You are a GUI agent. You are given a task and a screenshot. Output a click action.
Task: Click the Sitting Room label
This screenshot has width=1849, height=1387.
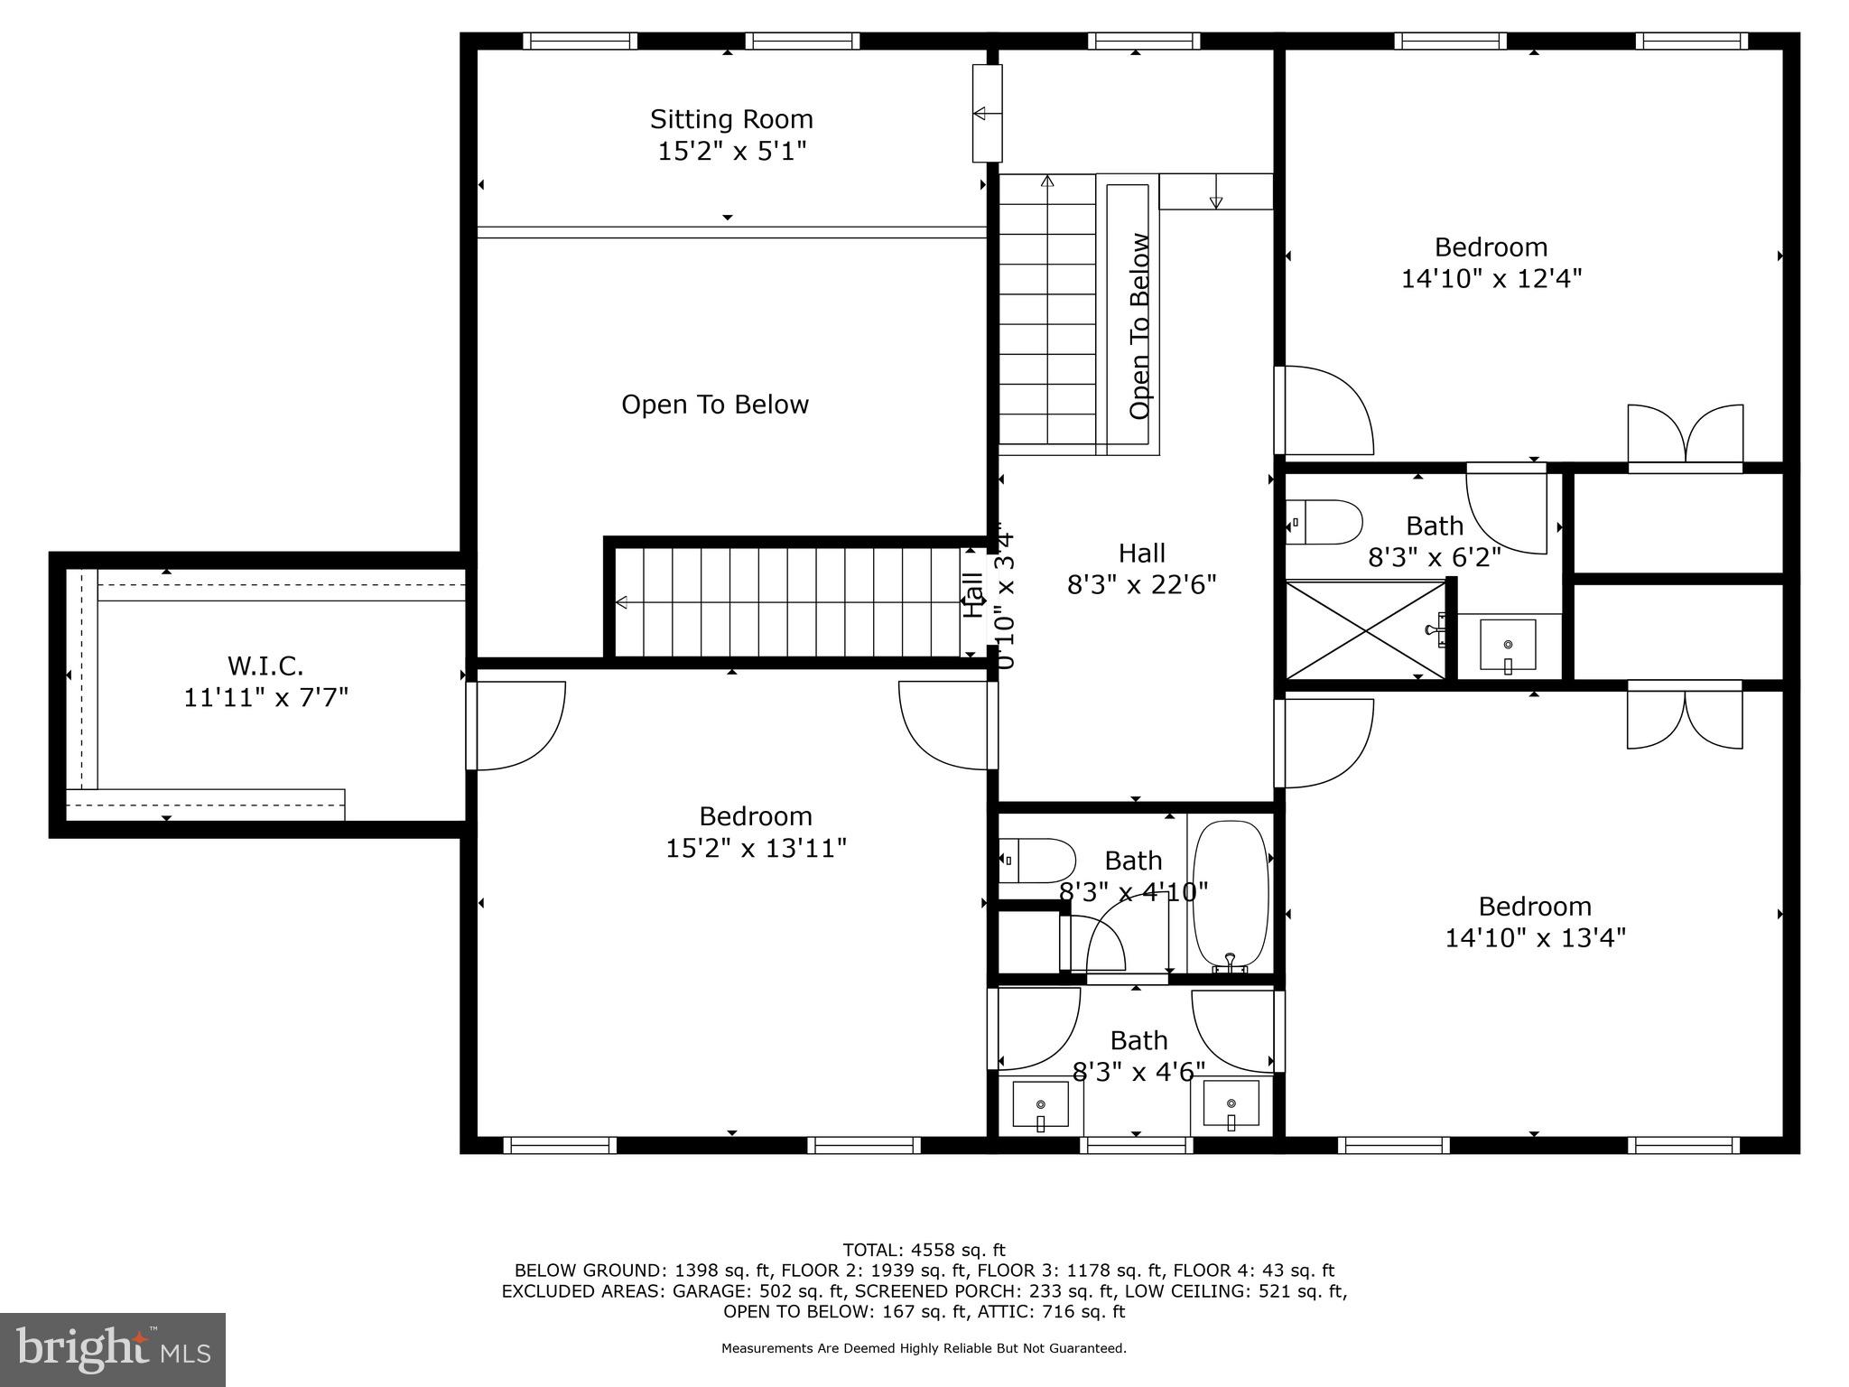pos(731,119)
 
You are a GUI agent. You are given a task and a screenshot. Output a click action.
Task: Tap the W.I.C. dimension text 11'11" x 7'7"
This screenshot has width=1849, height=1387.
pos(265,698)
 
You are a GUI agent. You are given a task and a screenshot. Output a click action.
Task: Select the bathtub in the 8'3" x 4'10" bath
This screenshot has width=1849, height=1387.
pos(1231,894)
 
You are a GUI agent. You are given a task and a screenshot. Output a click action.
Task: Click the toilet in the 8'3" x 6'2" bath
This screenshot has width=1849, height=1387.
pos(1325,522)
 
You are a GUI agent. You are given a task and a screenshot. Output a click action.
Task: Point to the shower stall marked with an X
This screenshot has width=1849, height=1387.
pos(1364,629)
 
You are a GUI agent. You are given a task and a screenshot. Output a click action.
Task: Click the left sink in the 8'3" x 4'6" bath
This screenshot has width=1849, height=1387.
pos(1040,1104)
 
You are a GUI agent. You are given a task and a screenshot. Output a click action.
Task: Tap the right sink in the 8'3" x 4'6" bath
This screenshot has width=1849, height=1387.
pos(1231,1104)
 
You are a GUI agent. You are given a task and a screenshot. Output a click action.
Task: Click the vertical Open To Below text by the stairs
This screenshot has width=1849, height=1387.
pos(1139,326)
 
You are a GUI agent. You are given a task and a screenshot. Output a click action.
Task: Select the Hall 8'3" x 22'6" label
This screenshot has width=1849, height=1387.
pos(1141,569)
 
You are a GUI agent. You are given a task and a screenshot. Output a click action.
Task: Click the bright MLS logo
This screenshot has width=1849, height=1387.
pos(113,1349)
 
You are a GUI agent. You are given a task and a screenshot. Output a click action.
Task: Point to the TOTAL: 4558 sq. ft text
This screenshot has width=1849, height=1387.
pos(924,1250)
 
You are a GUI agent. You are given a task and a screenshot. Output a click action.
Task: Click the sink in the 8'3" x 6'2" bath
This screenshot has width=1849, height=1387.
pos(1507,645)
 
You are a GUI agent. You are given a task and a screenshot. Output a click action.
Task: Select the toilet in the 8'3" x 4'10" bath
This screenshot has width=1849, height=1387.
pos(1038,861)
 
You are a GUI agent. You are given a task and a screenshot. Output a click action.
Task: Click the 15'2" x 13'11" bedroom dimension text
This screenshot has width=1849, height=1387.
pos(756,849)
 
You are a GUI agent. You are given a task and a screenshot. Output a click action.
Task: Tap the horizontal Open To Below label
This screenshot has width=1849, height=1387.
pos(714,405)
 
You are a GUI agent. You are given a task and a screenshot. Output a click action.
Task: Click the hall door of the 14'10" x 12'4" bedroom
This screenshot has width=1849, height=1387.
pos(1323,411)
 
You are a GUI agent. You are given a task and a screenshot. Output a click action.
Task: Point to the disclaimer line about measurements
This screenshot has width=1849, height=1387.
pos(924,1348)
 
